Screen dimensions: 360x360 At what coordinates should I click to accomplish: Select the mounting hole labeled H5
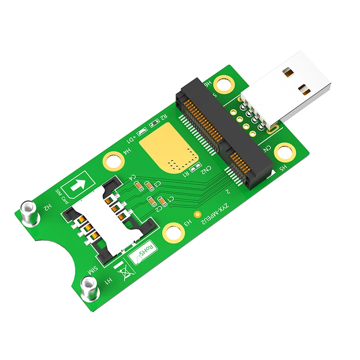pos(284,151)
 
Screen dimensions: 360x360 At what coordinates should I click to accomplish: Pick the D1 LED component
pos(141,132)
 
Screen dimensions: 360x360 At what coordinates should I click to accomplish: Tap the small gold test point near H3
pos(196,215)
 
